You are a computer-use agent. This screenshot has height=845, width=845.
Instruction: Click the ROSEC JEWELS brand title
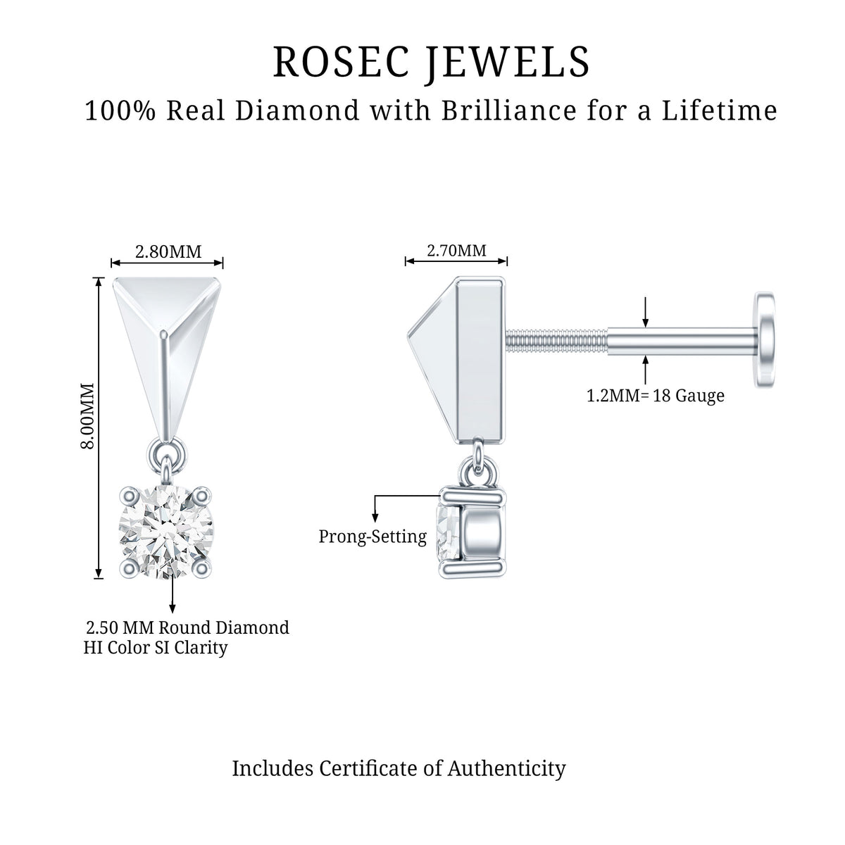point(432,62)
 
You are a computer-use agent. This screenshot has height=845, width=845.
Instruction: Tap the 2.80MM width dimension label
point(168,251)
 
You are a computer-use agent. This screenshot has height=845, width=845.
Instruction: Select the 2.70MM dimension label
point(456,251)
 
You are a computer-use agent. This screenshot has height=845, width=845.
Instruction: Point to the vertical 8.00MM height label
point(87,415)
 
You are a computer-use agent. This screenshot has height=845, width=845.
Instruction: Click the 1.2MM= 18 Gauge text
point(656,396)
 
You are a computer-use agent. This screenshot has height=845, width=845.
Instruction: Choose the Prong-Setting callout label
point(373,537)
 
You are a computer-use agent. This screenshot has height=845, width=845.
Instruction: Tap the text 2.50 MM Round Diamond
point(188,628)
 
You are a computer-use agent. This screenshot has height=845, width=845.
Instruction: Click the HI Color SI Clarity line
point(156,648)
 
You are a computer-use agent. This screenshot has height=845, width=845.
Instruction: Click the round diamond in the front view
point(165,532)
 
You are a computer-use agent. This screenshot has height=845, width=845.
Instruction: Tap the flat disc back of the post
point(764,339)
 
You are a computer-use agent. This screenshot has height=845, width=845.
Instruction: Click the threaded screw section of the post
point(556,340)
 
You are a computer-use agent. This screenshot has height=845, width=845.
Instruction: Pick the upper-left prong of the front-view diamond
point(129,496)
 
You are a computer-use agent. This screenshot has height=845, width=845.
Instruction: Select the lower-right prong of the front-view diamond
point(201,568)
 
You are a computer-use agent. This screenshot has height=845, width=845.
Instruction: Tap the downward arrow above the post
point(645,312)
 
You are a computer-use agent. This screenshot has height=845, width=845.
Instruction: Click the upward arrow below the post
point(645,368)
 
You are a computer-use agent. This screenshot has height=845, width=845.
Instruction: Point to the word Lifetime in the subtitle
point(720,111)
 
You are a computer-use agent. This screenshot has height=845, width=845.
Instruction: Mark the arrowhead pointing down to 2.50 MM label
point(173,608)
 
